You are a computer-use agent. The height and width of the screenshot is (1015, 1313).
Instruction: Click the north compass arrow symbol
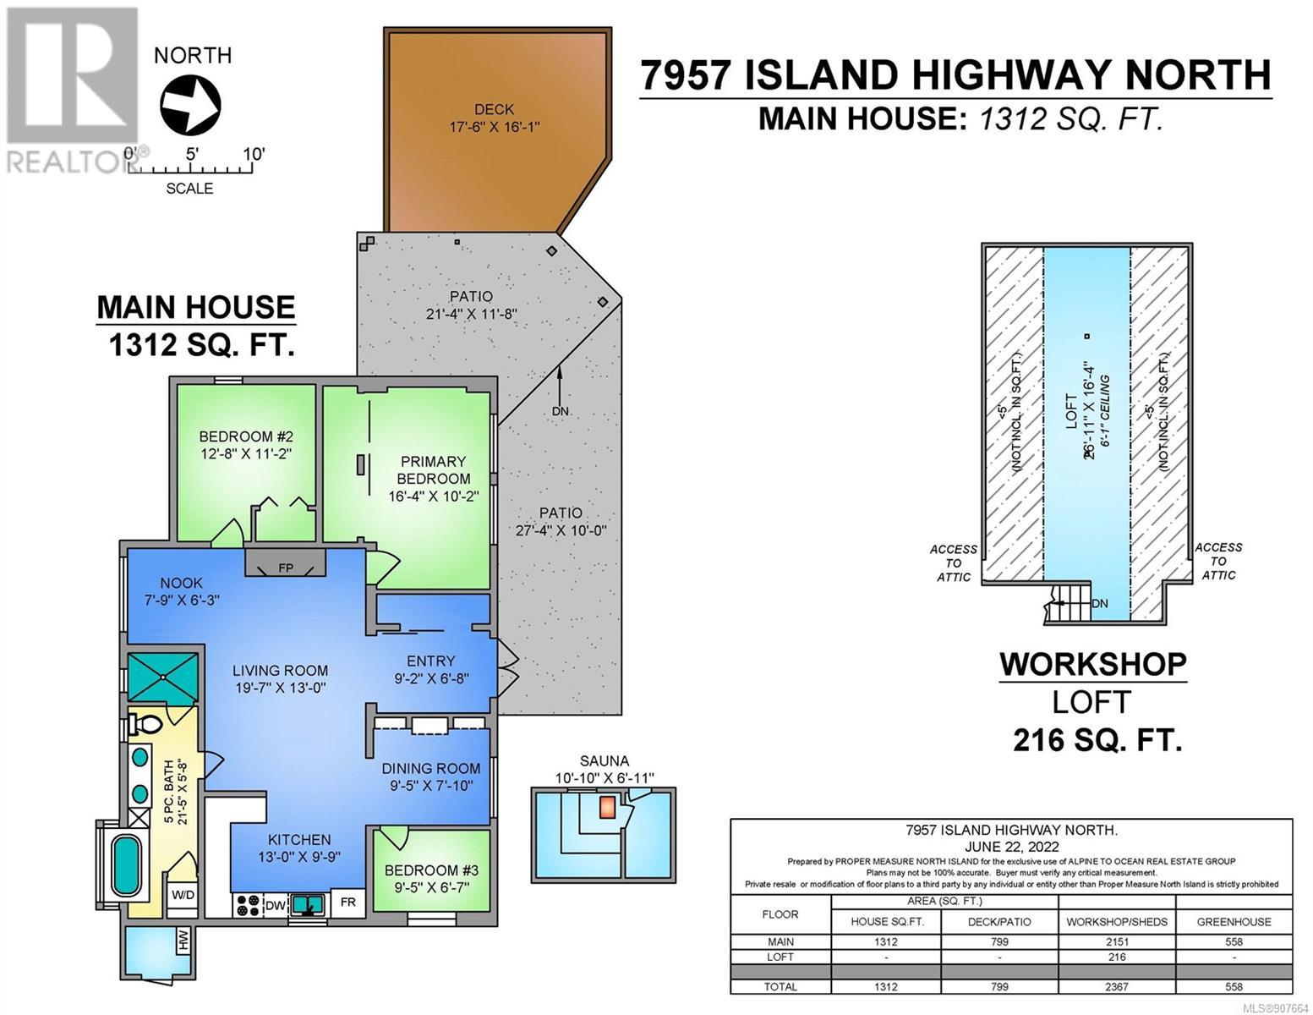[190, 105]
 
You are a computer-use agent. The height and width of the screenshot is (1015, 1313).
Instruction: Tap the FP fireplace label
[285, 568]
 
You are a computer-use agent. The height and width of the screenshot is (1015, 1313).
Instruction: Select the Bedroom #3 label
[431, 870]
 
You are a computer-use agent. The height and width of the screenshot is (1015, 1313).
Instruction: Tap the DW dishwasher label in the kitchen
[275, 906]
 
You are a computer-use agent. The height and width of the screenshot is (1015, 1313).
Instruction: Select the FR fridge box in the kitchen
[348, 902]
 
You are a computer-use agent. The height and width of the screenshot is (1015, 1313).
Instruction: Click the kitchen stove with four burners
[248, 905]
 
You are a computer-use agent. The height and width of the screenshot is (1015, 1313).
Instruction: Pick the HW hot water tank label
[183, 940]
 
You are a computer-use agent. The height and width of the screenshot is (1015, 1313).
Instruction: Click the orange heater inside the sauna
[608, 807]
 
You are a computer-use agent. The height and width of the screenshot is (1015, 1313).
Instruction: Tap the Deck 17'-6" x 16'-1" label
[495, 118]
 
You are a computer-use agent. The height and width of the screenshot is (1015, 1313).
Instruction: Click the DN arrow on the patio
[560, 385]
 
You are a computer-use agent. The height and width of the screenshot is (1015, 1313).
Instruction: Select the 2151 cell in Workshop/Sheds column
[1117, 942]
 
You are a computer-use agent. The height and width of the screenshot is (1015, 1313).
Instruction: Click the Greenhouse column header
[1234, 922]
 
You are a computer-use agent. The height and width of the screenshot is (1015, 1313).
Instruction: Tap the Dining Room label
[431, 768]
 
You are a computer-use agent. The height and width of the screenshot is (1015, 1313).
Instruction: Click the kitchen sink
[308, 905]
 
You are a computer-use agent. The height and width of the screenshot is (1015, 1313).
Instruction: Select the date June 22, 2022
[1011, 847]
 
